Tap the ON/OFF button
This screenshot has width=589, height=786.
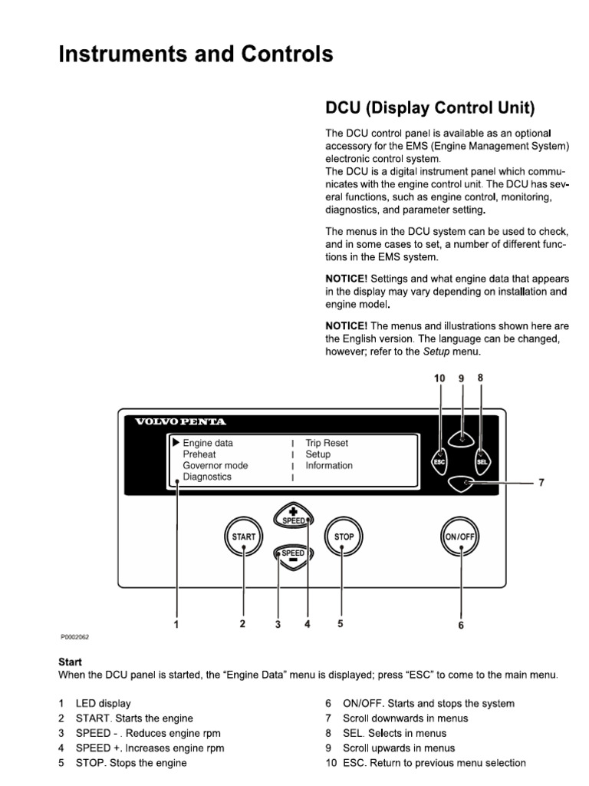coord(460,537)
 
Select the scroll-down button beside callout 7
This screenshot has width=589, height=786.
coord(462,484)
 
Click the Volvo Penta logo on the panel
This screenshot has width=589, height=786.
coord(181,421)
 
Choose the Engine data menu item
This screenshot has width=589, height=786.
coord(208,443)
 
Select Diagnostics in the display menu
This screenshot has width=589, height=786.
coord(207,477)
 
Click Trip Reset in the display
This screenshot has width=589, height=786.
coord(327,443)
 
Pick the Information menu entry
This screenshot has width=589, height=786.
coord(329,465)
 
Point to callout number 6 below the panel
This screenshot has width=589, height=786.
coord(461,625)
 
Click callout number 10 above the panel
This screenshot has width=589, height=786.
coord(439,378)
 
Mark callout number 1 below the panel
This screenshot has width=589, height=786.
coord(176,624)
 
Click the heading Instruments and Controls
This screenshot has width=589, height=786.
coord(196,54)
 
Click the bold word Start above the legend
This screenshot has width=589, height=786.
coord(70,662)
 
